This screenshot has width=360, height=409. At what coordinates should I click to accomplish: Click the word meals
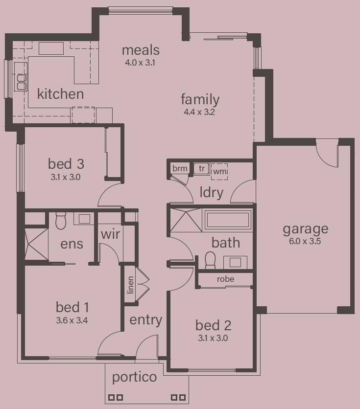tap(141, 50)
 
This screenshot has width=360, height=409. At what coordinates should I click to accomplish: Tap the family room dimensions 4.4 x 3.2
tap(199, 112)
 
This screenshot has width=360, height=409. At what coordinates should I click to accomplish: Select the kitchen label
tap(61, 93)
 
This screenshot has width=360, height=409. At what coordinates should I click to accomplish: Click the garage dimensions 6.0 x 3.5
tap(305, 241)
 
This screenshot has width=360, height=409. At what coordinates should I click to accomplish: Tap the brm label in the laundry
tap(180, 168)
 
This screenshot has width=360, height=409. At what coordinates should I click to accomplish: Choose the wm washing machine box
tap(219, 172)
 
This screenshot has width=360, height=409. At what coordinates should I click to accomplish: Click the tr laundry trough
tap(201, 168)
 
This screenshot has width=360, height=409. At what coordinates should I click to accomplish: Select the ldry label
tap(211, 192)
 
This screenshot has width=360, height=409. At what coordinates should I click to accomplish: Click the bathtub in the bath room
tap(228, 220)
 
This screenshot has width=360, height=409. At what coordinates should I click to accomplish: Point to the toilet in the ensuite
tap(61, 221)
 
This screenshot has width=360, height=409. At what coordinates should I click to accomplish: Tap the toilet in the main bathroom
tap(210, 260)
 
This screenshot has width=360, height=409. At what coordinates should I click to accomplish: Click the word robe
tap(226, 279)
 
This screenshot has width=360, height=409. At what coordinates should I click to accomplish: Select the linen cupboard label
tap(130, 285)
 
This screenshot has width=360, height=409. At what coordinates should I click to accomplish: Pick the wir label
tap(110, 234)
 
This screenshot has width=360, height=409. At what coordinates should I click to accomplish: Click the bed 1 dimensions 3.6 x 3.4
tap(72, 320)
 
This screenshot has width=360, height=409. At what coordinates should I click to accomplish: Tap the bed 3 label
tap(66, 164)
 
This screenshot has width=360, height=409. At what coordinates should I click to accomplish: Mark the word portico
tap(134, 377)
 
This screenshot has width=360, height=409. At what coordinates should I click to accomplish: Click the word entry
tap(145, 320)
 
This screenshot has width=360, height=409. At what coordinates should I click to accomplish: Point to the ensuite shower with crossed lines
tap(36, 244)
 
